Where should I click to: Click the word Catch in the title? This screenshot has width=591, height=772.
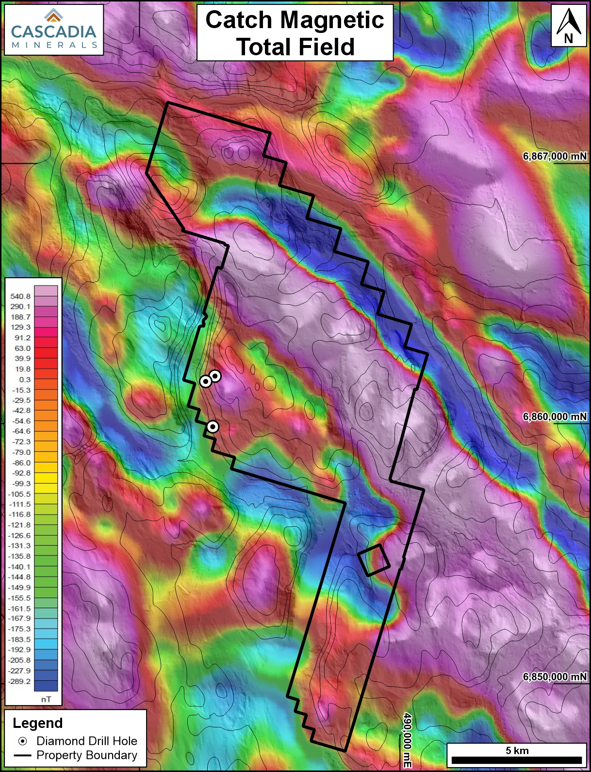pyautogui.click(x=238, y=20)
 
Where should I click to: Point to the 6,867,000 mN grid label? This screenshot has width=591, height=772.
pyautogui.click(x=554, y=156)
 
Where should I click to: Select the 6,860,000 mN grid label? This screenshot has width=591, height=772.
pyautogui.click(x=554, y=416)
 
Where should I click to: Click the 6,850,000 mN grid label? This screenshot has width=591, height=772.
pyautogui.click(x=554, y=677)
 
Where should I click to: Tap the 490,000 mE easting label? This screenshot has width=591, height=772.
pyautogui.click(x=407, y=740)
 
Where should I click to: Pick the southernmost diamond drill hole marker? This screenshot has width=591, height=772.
pyautogui.click(x=213, y=426)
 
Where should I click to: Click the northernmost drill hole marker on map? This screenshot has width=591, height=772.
pyautogui.click(x=215, y=376)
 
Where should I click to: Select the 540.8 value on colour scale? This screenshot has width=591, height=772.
pyautogui.click(x=20, y=296)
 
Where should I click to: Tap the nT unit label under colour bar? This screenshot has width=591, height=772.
pyautogui.click(x=46, y=699)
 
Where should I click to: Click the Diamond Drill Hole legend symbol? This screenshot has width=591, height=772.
pyautogui.click(x=22, y=741)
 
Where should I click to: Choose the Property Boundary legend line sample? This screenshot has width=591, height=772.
pyautogui.click(x=22, y=755)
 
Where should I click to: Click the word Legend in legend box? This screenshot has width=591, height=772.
pyautogui.click(x=38, y=723)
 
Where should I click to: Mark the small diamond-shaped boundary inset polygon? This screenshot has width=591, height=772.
pyautogui.click(x=374, y=560)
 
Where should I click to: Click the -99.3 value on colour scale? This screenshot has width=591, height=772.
pyautogui.click(x=20, y=484)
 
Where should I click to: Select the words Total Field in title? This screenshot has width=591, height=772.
pyautogui.click(x=295, y=47)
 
